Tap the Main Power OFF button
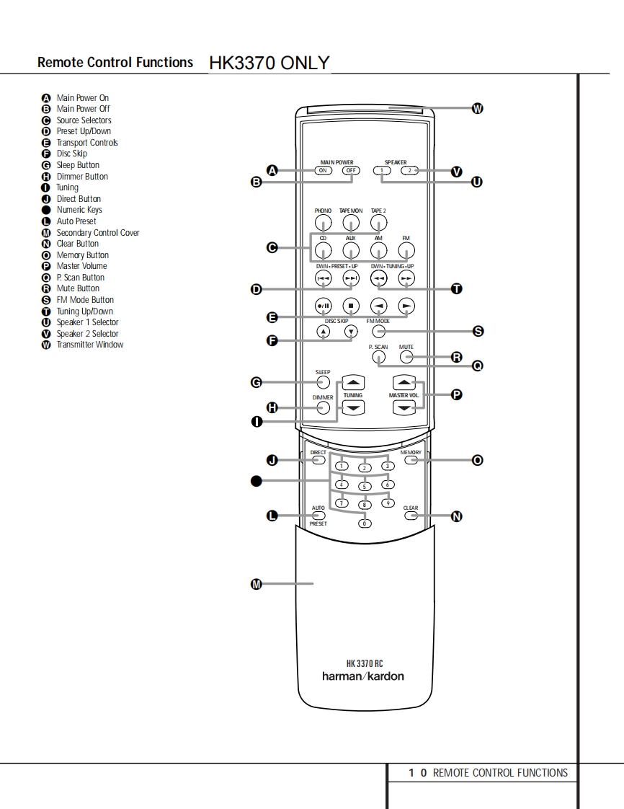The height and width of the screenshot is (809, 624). [x=350, y=171]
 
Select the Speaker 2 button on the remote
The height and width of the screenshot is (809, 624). [x=409, y=171]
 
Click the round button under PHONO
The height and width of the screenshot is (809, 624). [x=323, y=223]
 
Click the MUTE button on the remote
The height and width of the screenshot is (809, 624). [x=407, y=357]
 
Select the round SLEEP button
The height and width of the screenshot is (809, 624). [x=323, y=383]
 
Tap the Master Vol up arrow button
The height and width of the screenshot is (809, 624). [x=404, y=383]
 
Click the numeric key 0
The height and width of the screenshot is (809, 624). [x=365, y=523]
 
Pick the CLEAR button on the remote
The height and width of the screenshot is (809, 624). [x=411, y=516]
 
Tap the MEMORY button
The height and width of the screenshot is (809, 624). [x=411, y=459]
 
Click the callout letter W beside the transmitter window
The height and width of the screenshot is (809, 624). [x=477, y=109]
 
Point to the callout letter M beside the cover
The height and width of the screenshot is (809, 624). [x=255, y=584]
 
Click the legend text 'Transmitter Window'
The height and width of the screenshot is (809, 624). [x=90, y=345]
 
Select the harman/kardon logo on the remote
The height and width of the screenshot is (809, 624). [x=363, y=676]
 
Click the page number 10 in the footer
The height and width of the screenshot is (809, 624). [x=418, y=773]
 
